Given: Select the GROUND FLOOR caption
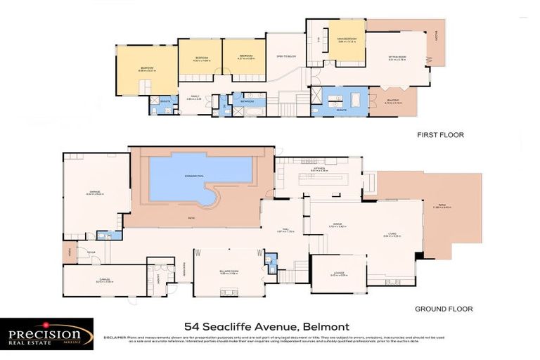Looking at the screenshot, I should tap(443, 308).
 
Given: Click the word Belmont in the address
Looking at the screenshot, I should tap(326, 326).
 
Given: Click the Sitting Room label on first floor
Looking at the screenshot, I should tap(397, 58).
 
